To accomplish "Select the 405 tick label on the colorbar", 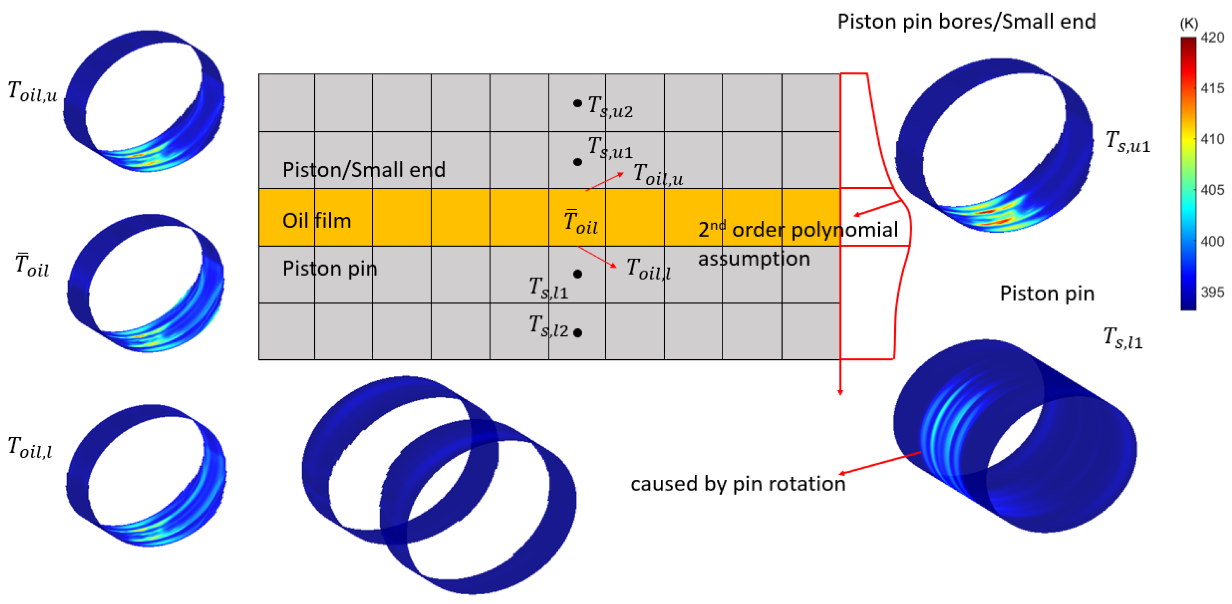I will pyautogui.click(x=1212, y=190).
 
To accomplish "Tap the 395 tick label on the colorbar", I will pyautogui.click(x=1212, y=292).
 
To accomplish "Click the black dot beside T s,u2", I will pyautogui.click(x=578, y=103).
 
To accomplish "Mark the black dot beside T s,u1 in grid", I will pyautogui.click(x=578, y=162).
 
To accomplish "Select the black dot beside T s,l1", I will pyautogui.click(x=578, y=274).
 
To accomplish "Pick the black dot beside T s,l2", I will pyautogui.click(x=578, y=333).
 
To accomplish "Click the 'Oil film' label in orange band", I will pyautogui.click(x=317, y=221).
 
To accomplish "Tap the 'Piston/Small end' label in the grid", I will pyautogui.click(x=363, y=170).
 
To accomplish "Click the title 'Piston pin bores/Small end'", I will pyautogui.click(x=966, y=22).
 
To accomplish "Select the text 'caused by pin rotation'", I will pyautogui.click(x=738, y=484).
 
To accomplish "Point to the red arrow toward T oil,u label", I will pyautogui.click(x=605, y=182).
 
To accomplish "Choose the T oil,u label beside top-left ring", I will pyautogui.click(x=33, y=91).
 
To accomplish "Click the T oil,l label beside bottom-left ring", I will pyautogui.click(x=30, y=447).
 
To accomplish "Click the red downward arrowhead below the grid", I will pyautogui.click(x=840, y=392).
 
